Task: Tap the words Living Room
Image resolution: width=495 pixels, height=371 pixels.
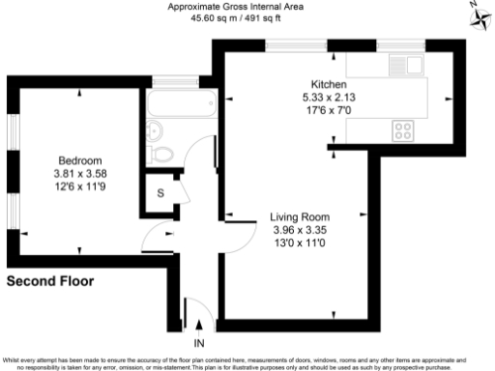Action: coord(300,216)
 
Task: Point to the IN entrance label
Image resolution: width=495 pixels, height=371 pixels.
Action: coord(199,343)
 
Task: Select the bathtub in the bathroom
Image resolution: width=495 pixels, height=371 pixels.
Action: coord(177,103)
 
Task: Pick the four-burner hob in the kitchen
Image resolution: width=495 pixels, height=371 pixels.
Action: coord(403,129)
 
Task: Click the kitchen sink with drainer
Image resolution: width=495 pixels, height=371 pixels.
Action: coord(405,66)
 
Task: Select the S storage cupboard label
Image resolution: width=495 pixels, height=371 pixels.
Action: coord(159,191)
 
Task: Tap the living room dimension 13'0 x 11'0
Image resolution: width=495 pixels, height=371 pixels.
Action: coord(300,243)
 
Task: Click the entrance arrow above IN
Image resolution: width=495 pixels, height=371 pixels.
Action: coord(199,327)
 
